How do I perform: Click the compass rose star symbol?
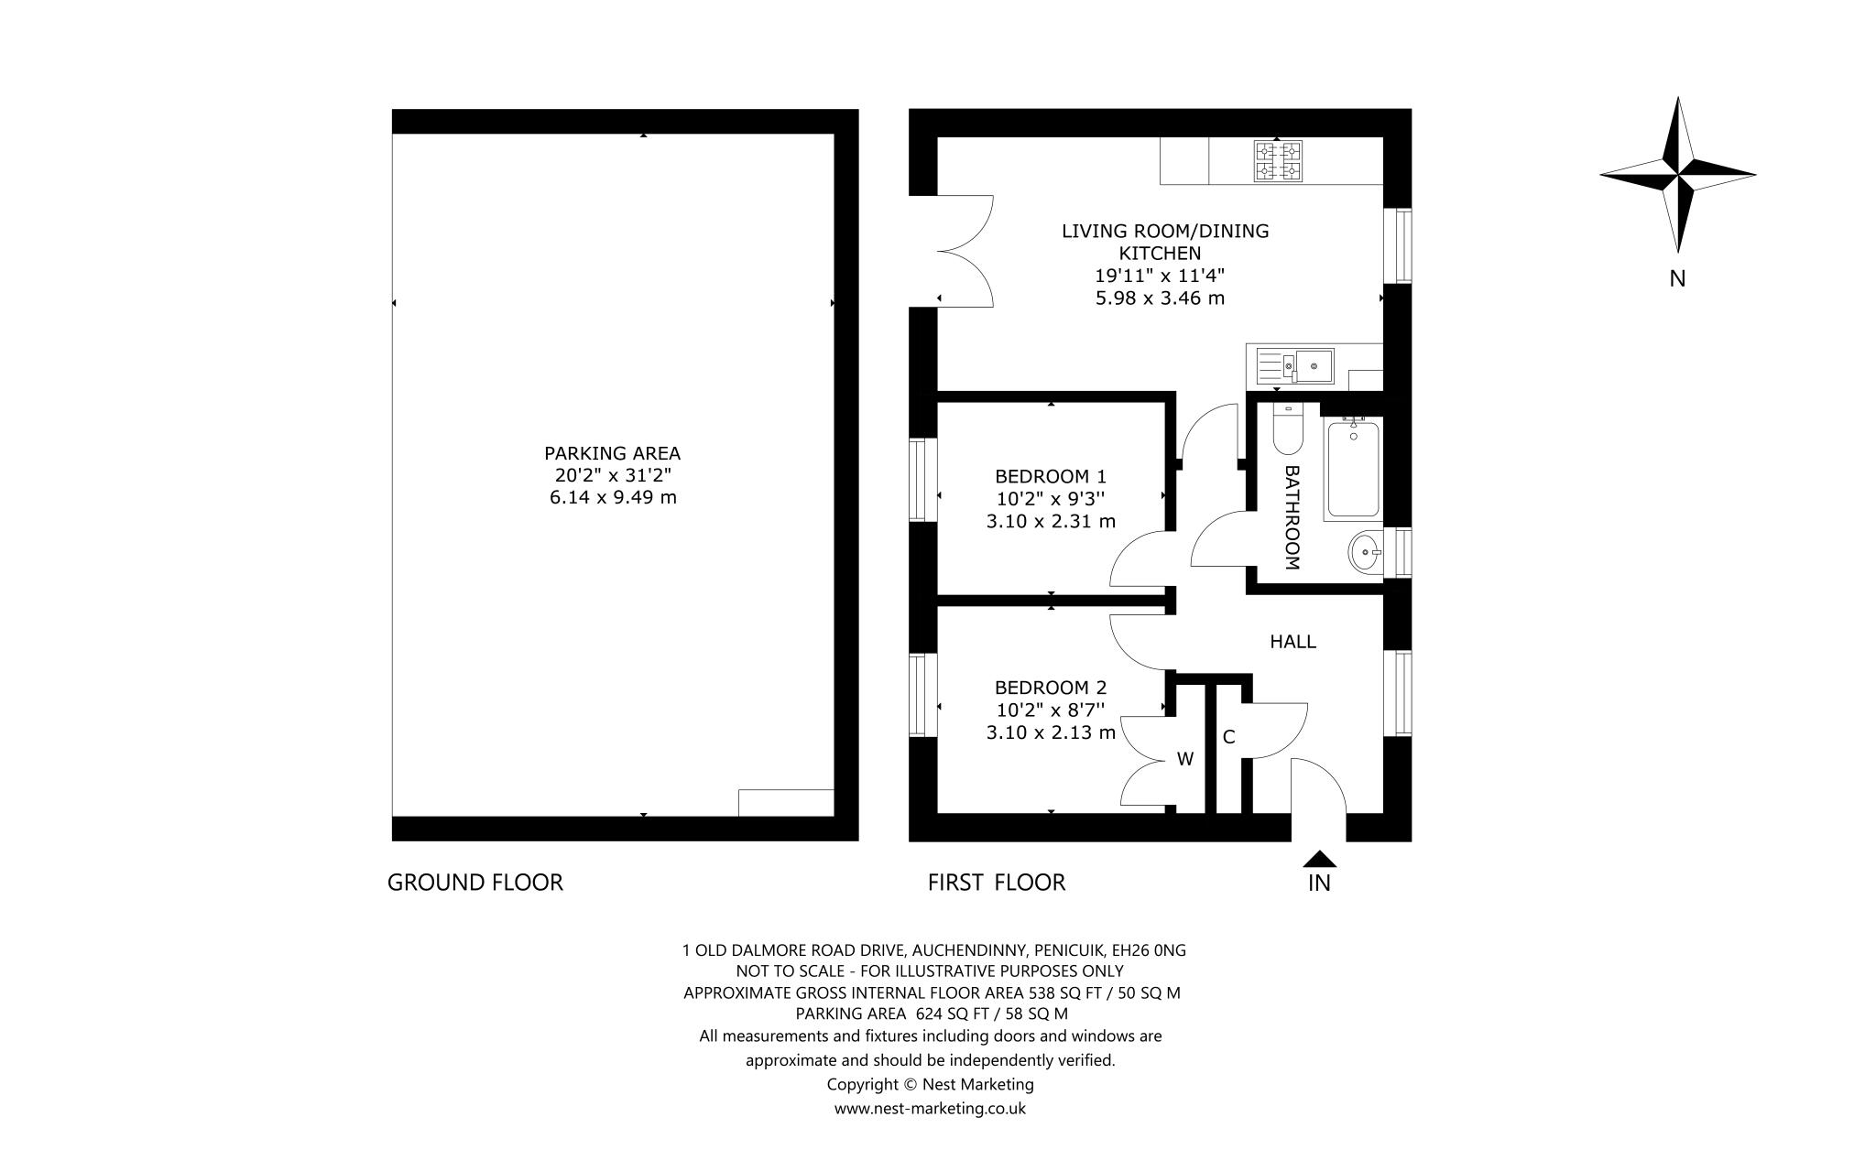click(1677, 175)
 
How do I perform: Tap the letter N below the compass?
click(1677, 279)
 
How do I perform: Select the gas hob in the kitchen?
click(1278, 161)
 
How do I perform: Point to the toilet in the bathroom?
click(1288, 432)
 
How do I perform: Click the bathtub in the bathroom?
click(1353, 470)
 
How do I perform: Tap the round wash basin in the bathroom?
click(1366, 552)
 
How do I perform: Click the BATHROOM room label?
click(1292, 517)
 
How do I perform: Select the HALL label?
click(1292, 642)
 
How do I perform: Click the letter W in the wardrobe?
click(1184, 759)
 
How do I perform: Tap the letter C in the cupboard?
click(1229, 737)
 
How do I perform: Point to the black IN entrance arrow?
click(1319, 859)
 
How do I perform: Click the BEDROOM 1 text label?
click(1051, 476)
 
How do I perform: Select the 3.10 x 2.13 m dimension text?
click(1051, 732)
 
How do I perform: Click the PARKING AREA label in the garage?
click(612, 453)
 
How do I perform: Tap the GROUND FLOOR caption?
click(474, 883)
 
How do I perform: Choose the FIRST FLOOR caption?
click(997, 883)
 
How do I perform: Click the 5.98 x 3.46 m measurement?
click(1160, 298)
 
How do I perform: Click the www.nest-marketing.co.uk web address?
click(930, 1109)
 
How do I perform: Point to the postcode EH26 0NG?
click(1155, 950)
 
